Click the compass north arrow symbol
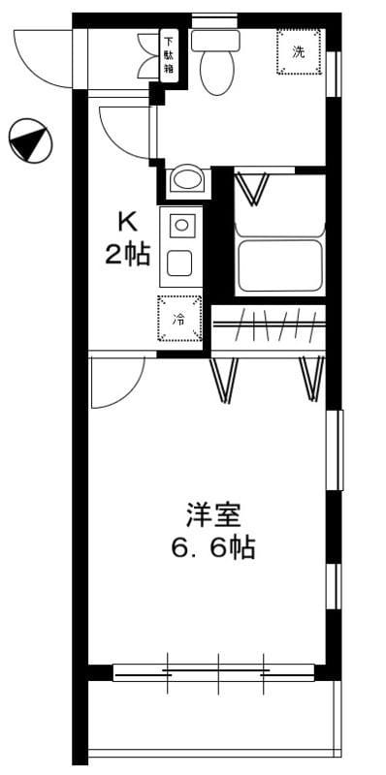[30, 139]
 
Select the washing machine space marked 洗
[299, 51]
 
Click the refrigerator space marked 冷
[179, 319]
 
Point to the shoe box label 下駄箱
[169, 56]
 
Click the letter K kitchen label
[127, 224]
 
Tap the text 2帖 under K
[127, 255]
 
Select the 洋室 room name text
[213, 515]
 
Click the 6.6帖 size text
[213, 547]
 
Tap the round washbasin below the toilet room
[186, 180]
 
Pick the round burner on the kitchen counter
[181, 227]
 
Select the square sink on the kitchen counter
[179, 263]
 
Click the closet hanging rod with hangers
[270, 325]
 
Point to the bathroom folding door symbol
[252, 188]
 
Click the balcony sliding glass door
[213, 672]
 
